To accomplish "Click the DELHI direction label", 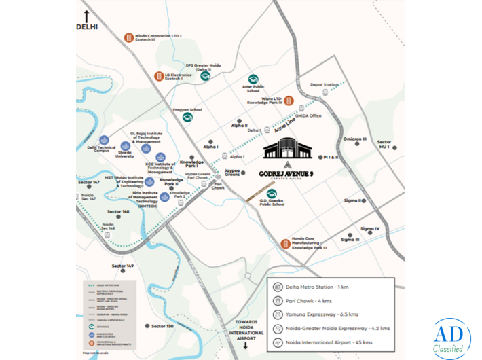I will click(87, 27).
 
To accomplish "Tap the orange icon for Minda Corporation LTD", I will click(127, 37).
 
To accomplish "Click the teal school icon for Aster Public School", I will click(253, 79).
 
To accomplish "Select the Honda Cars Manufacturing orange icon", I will click(286, 244).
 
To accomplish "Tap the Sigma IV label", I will click(370, 228).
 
